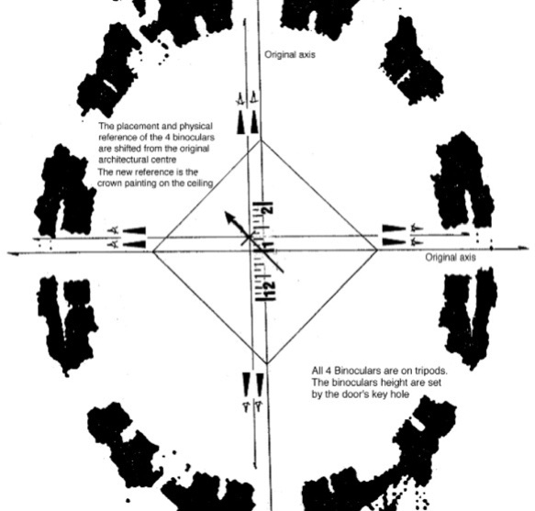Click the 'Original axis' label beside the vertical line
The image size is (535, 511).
click(290, 54)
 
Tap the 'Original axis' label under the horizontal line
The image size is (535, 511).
click(451, 258)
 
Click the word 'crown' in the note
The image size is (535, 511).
click(109, 183)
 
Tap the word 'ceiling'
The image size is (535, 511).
click(200, 183)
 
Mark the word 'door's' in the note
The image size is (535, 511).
click(354, 394)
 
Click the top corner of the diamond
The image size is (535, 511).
click(261, 139)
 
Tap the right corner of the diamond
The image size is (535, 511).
click(377, 250)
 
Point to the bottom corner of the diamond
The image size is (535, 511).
click(267, 363)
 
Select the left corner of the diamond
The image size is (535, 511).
click(153, 251)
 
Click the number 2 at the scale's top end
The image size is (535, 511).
click(269, 209)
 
